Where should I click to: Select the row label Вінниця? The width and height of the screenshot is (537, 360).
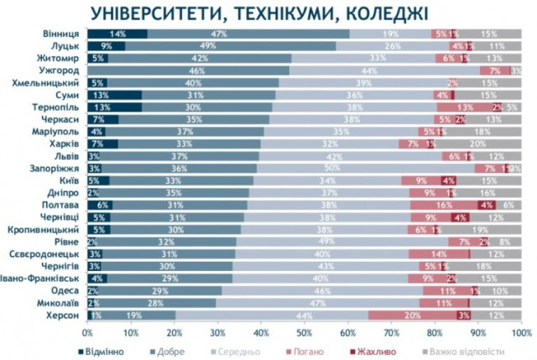point(60,34)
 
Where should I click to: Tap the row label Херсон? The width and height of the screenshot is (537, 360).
point(63,316)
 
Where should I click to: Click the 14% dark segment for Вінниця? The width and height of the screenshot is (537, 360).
point(117,34)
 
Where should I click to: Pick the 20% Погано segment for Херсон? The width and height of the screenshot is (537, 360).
point(412,316)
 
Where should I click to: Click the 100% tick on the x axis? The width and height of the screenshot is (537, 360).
point(519,332)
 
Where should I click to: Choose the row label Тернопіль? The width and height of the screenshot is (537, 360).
point(57,107)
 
